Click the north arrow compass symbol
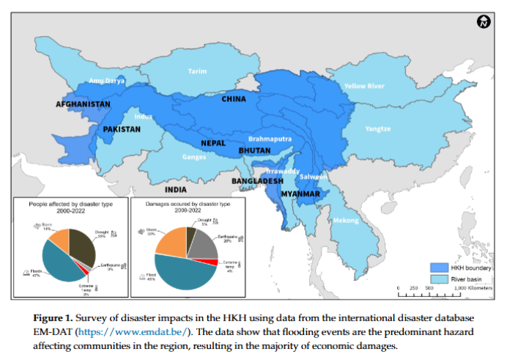pos(482,22)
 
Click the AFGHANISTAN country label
pos(83,104)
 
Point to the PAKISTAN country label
pos(122,128)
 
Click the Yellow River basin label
pos(364,87)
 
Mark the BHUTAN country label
pos(254,150)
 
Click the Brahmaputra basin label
pos(270,138)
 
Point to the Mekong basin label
pos(347,221)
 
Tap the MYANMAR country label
pos(300,194)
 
